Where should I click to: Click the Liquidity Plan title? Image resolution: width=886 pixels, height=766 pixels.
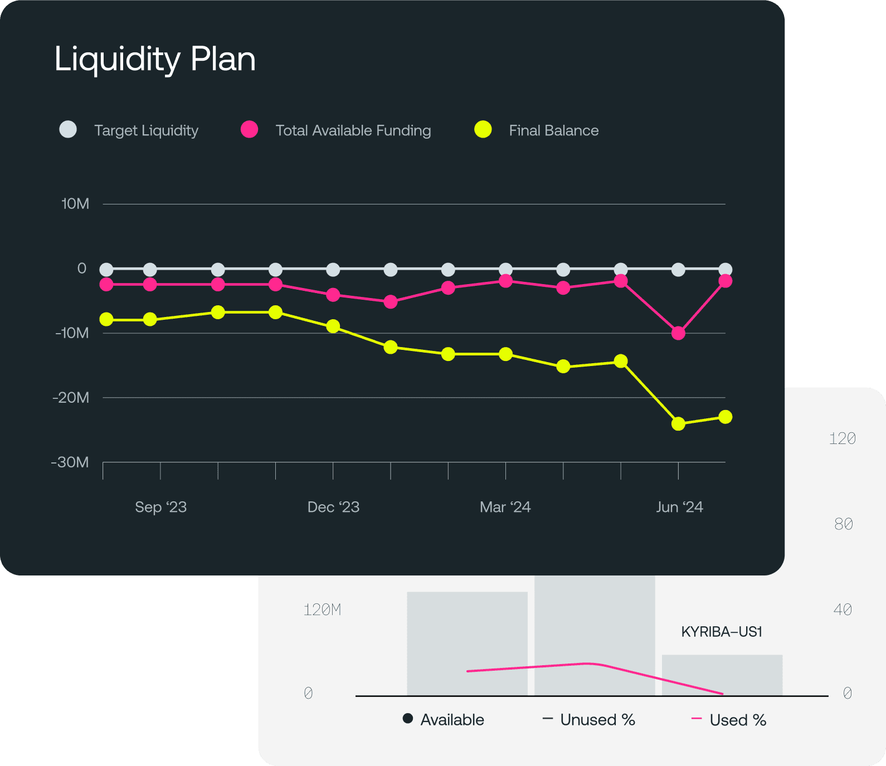click(x=155, y=59)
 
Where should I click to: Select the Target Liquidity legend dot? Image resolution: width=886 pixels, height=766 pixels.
click(x=68, y=129)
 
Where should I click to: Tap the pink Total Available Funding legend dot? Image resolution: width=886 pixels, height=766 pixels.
click(x=249, y=129)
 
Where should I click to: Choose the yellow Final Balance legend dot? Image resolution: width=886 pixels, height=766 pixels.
click(x=483, y=129)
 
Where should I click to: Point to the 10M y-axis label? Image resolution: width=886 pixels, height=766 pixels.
click(x=75, y=204)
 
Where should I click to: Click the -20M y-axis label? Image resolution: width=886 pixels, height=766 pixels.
click(x=71, y=398)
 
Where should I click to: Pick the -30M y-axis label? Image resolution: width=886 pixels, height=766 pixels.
click(x=70, y=462)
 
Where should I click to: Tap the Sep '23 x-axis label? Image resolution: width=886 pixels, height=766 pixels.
click(x=160, y=507)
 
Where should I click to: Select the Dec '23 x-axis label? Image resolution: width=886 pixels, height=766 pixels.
click(x=333, y=507)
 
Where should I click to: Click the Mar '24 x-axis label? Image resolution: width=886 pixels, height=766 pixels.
click(x=505, y=507)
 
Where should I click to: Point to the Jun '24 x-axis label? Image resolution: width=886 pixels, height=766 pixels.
click(x=679, y=507)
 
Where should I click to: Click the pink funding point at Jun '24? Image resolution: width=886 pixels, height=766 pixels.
click(x=678, y=333)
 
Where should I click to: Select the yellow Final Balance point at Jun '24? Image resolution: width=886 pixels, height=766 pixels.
click(x=678, y=424)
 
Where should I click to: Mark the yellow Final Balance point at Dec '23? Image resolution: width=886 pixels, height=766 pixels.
click(x=333, y=326)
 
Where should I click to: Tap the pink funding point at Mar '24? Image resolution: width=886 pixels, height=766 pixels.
click(x=505, y=281)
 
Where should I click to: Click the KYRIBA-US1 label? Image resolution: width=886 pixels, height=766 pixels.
click(x=722, y=632)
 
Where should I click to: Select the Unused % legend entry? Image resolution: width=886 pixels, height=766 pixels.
click(x=589, y=720)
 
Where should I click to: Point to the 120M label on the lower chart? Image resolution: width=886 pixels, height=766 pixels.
click(x=322, y=610)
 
